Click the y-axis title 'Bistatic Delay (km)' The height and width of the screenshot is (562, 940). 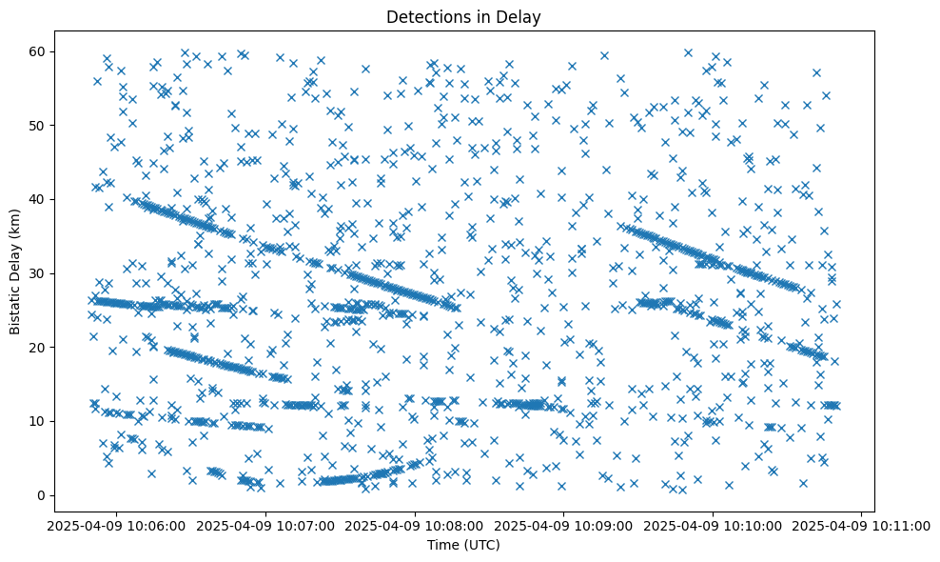[16, 272]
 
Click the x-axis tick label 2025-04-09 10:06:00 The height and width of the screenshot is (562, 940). [116, 525]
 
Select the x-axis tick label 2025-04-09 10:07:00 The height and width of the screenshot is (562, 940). [265, 525]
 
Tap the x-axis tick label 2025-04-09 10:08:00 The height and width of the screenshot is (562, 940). [415, 525]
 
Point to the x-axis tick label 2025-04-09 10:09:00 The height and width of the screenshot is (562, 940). [563, 525]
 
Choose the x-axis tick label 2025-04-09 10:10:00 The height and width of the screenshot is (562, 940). [713, 525]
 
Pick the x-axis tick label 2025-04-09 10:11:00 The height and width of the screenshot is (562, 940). [862, 525]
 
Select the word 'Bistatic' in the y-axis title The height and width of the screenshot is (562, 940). [16, 308]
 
